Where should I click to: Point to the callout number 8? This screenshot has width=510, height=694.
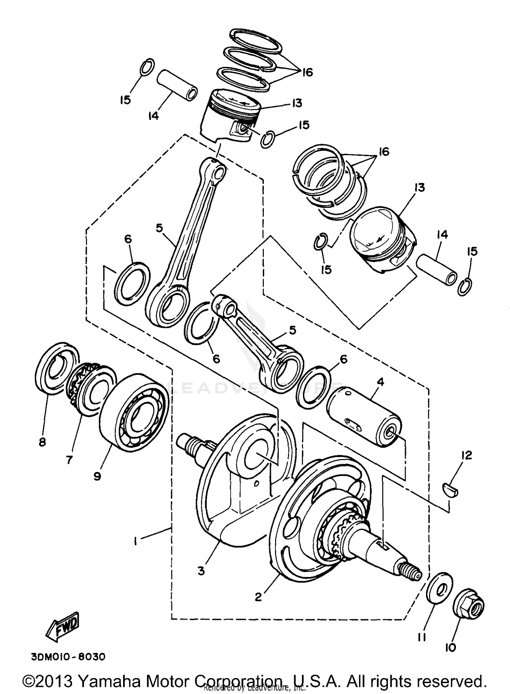(x=42, y=442)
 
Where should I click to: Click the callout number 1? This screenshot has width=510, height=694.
(x=135, y=542)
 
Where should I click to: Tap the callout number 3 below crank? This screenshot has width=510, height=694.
(x=201, y=571)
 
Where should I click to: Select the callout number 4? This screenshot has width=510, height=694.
(x=380, y=382)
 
